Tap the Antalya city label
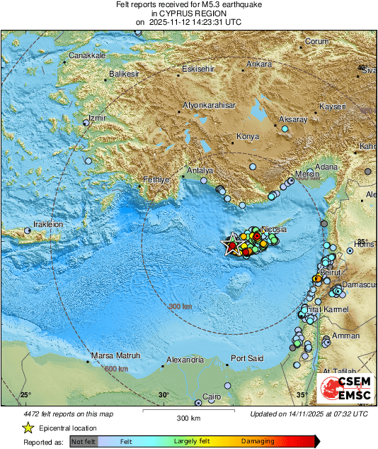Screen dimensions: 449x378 [x=199, y=170]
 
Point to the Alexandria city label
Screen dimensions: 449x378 [x=185, y=360]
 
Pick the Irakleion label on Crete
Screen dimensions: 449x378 [x=46, y=224]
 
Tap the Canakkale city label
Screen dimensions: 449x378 [x=87, y=55]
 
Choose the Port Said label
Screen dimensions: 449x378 [x=247, y=358]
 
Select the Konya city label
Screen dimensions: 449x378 [x=248, y=135]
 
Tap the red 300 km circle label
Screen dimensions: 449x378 [x=180, y=306]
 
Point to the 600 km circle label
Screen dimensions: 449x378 [x=117, y=369]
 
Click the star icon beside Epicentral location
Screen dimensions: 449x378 [x=28, y=428]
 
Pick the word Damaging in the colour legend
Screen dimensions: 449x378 [x=258, y=441]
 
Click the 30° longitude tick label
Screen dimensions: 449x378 [x=164, y=395]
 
